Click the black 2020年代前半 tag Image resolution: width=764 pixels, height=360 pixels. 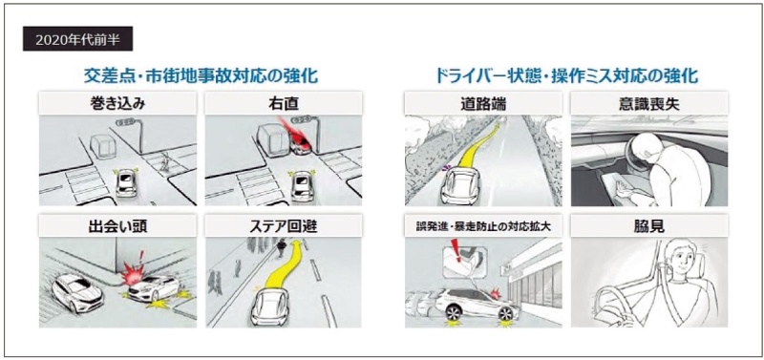tap(77, 39)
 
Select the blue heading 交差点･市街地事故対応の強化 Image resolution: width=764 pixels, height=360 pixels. tap(201, 76)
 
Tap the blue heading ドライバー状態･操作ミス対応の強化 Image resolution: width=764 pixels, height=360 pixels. tap(566, 76)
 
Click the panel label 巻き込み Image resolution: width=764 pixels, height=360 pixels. tap(117, 103)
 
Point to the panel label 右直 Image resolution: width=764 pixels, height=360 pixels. tap(283, 103)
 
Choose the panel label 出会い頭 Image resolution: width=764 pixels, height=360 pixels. tap(117, 226)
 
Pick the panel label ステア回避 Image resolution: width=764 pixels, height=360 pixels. tap(283, 226)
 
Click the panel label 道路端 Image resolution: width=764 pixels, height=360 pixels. tap(482, 103)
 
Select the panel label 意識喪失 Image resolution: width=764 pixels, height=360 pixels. tap(649, 103)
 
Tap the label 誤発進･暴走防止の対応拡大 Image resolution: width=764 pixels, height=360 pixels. tap(482, 226)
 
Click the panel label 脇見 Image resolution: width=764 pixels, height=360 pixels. tap(649, 226)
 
